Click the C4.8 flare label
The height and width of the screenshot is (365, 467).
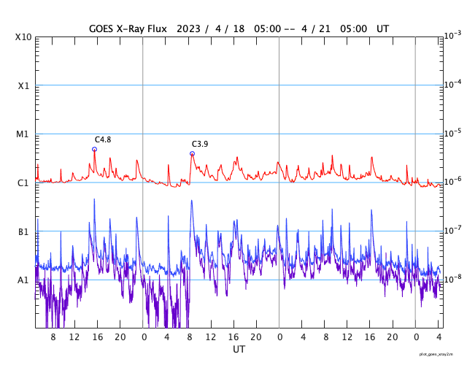point(103,139)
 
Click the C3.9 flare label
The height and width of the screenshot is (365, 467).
point(200,144)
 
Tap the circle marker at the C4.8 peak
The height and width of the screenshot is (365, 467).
point(94,149)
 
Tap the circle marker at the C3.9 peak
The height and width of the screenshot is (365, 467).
point(193,153)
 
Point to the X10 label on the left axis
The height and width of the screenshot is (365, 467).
point(23,36)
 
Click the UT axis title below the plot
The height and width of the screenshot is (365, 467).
point(239,350)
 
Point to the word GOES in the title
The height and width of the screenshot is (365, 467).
point(102,28)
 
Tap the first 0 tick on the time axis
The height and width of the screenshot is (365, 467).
point(143,337)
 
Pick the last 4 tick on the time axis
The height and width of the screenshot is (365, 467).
point(439,337)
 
